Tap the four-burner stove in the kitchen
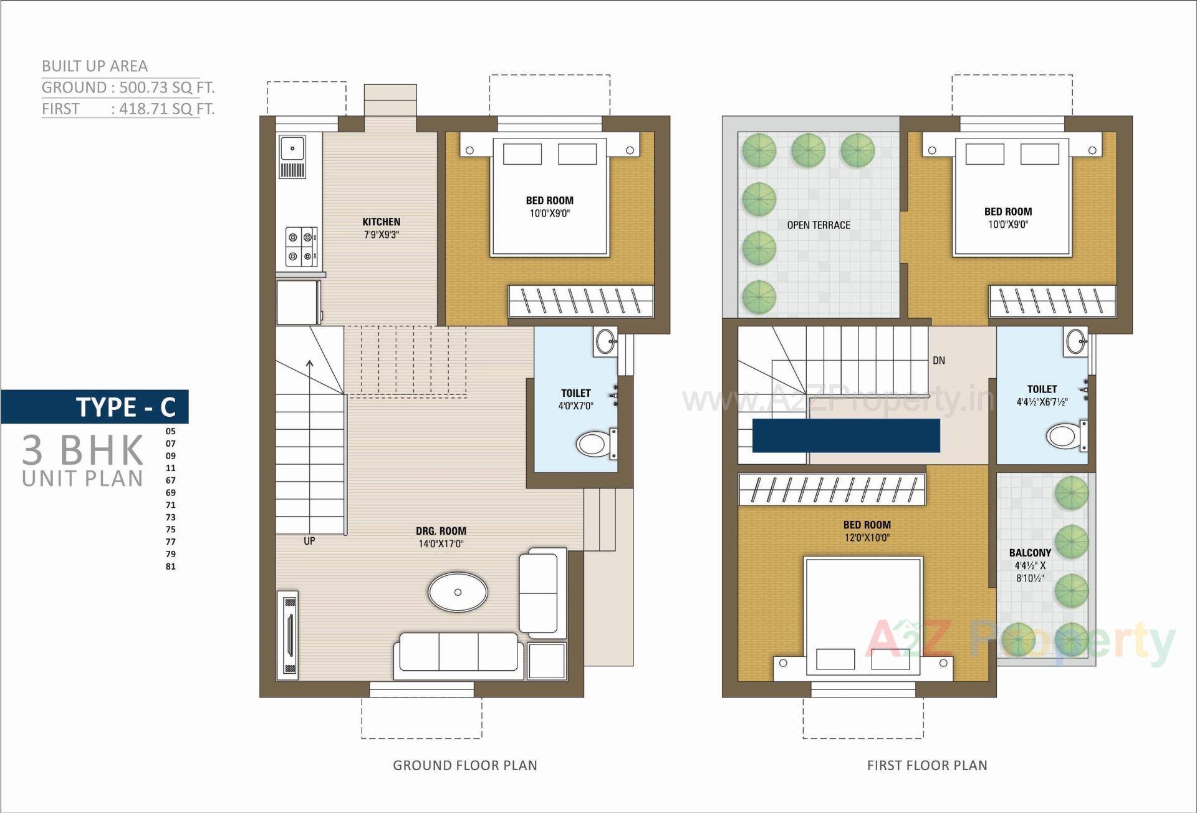pos(301,246)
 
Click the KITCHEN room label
pos(381,222)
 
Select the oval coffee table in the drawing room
pos(458,591)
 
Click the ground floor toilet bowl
pos(592,444)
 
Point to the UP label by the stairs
pos(309,541)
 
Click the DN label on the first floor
pos(938,361)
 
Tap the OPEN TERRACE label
pos(818,225)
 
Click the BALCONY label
pos(1029,553)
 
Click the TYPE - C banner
pos(125,407)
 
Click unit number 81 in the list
pos(170,567)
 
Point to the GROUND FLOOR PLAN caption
pos(464,765)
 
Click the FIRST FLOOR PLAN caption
pos(926,765)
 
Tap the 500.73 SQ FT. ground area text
pos(166,87)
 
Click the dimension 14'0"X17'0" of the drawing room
pos(441,544)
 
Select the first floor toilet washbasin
pos(1076,341)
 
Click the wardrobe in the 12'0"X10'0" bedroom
pos(832,489)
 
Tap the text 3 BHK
pos(83,450)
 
